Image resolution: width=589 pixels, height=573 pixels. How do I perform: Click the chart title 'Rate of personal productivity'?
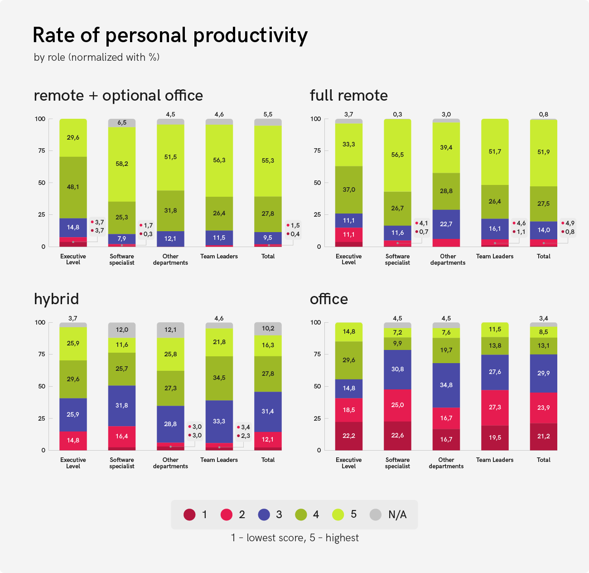170,35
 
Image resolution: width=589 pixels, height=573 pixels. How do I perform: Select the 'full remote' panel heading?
348,96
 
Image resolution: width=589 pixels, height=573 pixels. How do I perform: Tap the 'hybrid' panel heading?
56,299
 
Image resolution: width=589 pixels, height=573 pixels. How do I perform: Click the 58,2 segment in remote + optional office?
122,164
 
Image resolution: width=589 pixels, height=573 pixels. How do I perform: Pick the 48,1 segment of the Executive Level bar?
73,187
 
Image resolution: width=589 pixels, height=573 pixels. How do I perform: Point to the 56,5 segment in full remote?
397,155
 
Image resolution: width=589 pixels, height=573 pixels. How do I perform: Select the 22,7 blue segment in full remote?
446,224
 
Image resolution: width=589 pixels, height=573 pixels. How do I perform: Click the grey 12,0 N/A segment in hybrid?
122,330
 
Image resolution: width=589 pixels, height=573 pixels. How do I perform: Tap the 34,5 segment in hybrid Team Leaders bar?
219,378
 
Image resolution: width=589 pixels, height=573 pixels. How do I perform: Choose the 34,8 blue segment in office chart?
446,385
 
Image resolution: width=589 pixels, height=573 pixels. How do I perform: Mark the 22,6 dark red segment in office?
397,436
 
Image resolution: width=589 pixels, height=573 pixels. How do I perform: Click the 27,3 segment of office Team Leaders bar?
495,407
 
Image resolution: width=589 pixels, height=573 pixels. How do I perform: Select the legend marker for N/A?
376,515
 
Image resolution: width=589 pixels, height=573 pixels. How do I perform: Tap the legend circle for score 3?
264,515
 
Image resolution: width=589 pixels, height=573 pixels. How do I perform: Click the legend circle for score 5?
338,515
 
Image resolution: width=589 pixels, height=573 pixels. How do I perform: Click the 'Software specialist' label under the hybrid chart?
122,463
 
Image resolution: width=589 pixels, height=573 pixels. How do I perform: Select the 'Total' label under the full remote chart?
543,256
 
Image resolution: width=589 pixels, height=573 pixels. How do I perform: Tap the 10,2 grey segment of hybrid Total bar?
268,329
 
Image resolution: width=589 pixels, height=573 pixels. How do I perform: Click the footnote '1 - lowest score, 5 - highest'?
294,538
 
